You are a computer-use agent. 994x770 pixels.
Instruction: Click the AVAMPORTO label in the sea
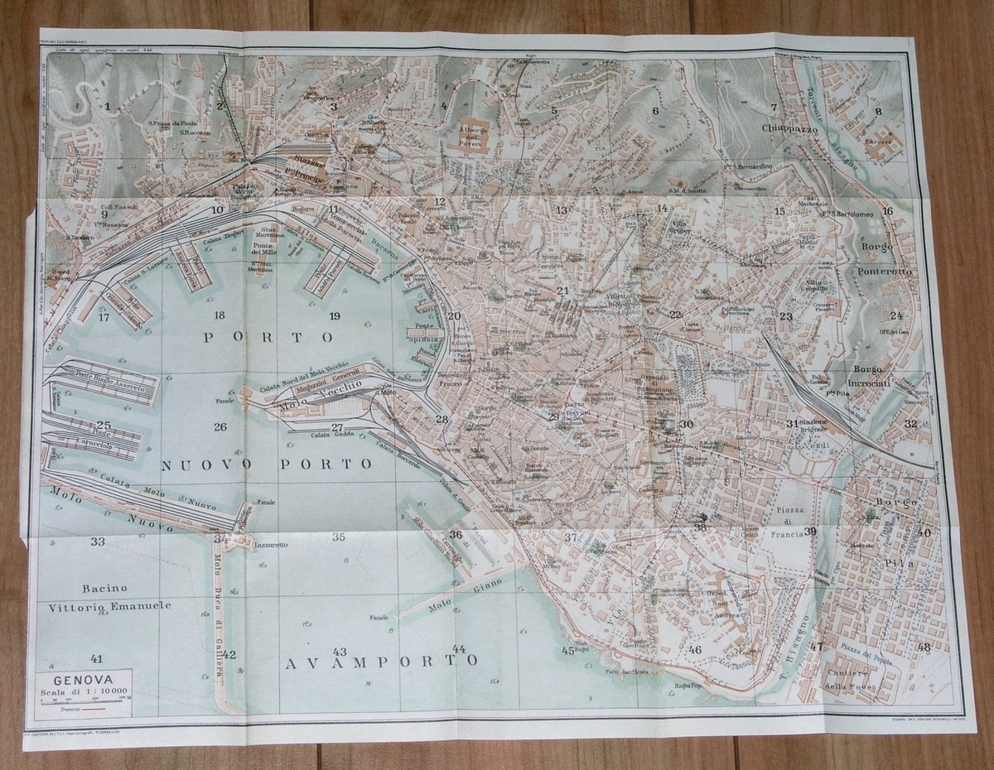point(380,662)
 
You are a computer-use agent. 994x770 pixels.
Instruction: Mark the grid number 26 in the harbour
point(220,427)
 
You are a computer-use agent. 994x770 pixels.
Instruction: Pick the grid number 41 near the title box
point(97,658)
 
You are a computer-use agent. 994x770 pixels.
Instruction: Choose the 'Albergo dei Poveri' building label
point(476,137)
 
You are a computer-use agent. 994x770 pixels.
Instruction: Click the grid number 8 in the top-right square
point(879,110)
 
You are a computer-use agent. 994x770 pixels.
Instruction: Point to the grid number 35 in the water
point(338,537)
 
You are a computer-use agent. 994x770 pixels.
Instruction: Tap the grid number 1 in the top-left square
point(108,106)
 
